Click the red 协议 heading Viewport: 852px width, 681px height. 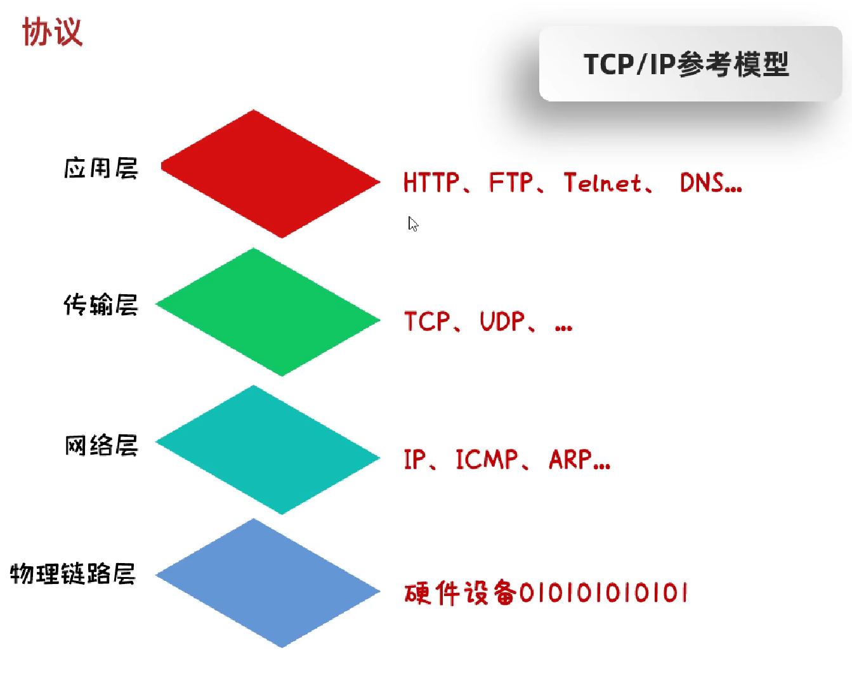click(x=52, y=32)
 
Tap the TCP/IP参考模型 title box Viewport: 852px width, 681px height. click(x=690, y=64)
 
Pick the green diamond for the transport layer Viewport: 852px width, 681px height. click(x=268, y=312)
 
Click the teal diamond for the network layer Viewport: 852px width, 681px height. click(x=268, y=450)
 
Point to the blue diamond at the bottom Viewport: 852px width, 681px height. click(x=268, y=583)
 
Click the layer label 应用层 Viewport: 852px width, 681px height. click(x=101, y=169)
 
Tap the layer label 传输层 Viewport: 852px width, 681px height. click(x=101, y=305)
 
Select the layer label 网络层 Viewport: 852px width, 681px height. click(x=101, y=445)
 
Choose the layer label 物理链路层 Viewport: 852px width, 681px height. click(x=73, y=574)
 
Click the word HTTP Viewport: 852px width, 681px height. click(x=431, y=183)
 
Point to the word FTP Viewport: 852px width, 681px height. click(x=511, y=183)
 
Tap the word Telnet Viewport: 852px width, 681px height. click(x=603, y=183)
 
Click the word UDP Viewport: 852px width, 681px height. click(x=502, y=321)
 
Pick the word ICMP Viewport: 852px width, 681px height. click(x=487, y=459)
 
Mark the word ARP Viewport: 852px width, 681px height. click(x=570, y=459)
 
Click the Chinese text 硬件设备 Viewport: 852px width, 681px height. click(x=461, y=593)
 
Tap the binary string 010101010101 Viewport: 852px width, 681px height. click(x=603, y=593)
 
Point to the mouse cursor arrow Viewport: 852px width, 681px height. click(x=412, y=223)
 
